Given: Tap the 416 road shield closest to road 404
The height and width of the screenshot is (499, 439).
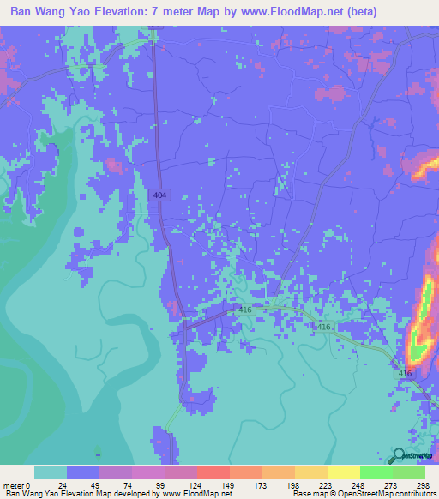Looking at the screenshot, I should click(245, 310).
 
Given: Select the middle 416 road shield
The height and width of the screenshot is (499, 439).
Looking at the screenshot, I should click(323, 328).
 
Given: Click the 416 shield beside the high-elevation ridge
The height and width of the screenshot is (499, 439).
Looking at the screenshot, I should click(405, 373).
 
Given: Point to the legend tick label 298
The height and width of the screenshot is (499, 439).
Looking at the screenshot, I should click(419, 484).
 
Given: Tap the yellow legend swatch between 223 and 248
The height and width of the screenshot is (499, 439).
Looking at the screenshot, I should click(343, 472).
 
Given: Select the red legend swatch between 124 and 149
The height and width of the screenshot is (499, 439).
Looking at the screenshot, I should click(213, 472).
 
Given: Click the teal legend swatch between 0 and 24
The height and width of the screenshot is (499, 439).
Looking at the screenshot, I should click(51, 472).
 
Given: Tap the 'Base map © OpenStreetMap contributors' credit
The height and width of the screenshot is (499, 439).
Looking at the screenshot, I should click(362, 494).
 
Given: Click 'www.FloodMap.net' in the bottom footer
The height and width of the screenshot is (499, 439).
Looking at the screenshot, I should click(195, 494).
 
